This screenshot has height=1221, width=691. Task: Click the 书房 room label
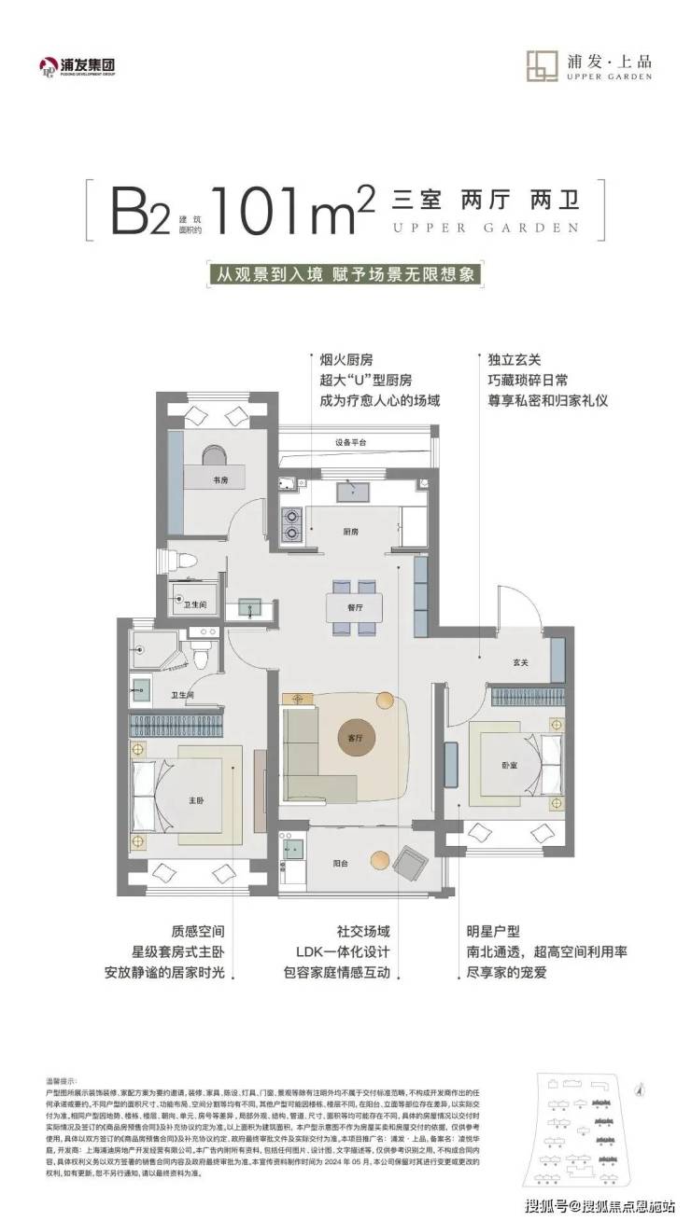[x=194, y=479]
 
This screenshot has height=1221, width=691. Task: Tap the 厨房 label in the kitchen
[x=351, y=531]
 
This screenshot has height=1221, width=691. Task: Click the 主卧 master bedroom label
[x=171, y=799]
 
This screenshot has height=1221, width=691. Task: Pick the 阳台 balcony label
[x=341, y=864]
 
